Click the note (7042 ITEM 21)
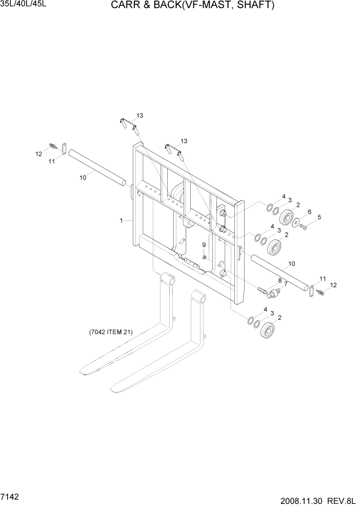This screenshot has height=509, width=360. tap(111, 332)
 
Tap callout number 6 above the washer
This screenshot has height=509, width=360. tap(309, 212)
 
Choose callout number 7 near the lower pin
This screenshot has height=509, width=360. tap(285, 286)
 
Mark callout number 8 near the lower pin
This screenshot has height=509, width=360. tap(279, 281)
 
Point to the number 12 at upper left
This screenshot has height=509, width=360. tap(38, 153)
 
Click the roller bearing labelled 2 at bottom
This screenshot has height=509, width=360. tap(268, 331)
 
